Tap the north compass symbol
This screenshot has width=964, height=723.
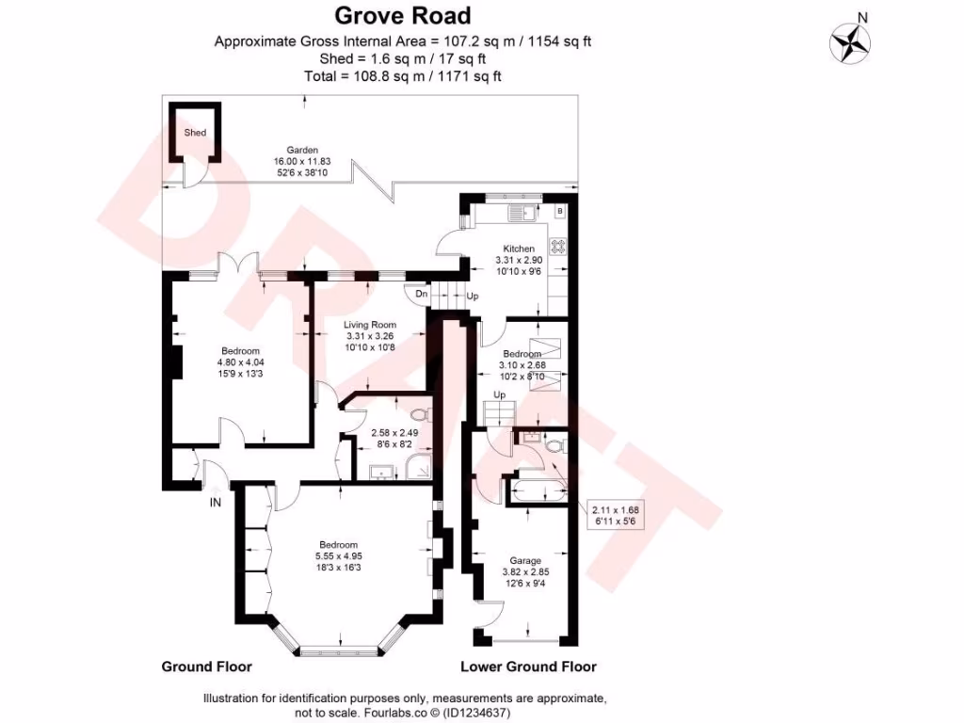tap(849, 41)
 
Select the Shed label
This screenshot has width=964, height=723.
tap(195, 134)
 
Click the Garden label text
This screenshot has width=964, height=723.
tap(302, 150)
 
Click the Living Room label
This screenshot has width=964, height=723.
tap(369, 325)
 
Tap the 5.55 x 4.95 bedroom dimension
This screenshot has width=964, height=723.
tap(338, 557)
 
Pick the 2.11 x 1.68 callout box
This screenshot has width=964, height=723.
tap(616, 514)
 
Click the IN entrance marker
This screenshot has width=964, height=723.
tap(216, 503)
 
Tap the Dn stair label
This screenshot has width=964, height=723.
tap(422, 295)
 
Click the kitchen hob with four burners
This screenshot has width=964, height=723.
tap(557, 246)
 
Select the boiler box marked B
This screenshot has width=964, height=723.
tap(560, 211)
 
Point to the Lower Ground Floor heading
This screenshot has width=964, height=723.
tap(528, 667)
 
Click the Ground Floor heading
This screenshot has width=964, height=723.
tap(206, 667)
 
